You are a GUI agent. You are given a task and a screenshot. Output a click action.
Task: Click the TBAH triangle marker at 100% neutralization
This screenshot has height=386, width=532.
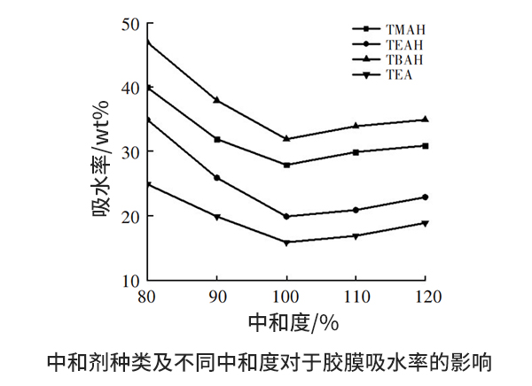tap(286, 138)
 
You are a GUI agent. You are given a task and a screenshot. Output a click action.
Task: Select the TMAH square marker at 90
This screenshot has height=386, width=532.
tap(216, 139)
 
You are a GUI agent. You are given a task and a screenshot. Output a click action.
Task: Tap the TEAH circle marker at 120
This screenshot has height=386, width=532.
tap(426, 197)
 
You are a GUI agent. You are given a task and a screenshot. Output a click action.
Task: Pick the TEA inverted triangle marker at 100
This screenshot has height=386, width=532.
tap(286, 243)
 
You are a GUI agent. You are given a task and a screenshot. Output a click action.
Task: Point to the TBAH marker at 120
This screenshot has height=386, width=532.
tap(426, 119)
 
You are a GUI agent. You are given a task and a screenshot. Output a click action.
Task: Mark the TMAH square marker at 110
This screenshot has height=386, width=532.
tap(356, 151)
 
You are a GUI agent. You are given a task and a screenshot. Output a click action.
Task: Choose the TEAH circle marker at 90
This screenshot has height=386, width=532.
tap(216, 178)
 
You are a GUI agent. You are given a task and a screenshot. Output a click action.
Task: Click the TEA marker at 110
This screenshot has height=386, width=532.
tap(356, 236)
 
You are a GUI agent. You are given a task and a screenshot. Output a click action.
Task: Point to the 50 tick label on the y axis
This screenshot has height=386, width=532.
tap(131, 25)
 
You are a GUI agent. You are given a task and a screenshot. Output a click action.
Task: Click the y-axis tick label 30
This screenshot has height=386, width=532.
tap(131, 152)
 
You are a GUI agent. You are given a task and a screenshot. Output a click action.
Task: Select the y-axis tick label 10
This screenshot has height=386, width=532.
tap(131, 280)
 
